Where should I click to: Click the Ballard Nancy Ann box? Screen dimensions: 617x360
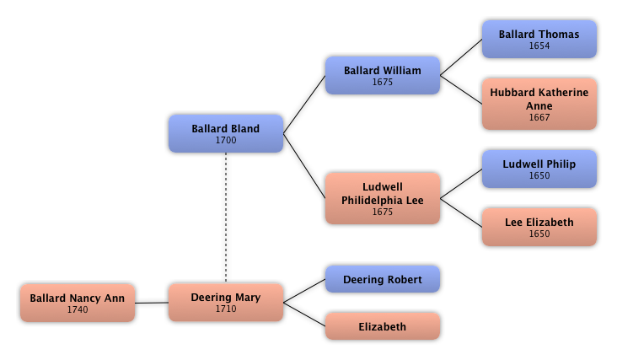pyautogui.click(x=78, y=303)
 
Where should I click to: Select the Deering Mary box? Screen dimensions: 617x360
pyautogui.click(x=226, y=302)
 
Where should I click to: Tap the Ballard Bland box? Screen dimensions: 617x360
pyautogui.click(x=226, y=133)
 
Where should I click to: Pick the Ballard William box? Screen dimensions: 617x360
pyautogui.click(x=383, y=75)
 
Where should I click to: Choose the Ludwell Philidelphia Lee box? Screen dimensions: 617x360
pyautogui.click(x=383, y=198)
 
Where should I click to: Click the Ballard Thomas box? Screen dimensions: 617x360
pyautogui.click(x=539, y=40)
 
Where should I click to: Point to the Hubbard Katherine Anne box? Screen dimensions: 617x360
pyautogui.click(x=539, y=104)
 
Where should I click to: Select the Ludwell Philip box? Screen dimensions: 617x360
pyautogui.click(x=539, y=169)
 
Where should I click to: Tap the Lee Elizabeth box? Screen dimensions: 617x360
pyautogui.click(x=539, y=227)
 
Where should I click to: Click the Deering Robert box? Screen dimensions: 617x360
pyautogui.click(x=383, y=279)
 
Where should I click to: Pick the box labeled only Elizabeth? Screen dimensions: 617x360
pyautogui.click(x=383, y=326)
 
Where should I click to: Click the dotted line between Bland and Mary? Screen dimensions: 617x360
pyautogui.click(x=226, y=218)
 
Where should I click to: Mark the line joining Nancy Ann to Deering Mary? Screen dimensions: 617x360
pyautogui.click(x=152, y=303)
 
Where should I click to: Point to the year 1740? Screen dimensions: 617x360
pyautogui.click(x=78, y=309)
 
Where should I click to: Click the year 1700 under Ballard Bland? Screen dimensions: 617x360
pyautogui.click(x=226, y=140)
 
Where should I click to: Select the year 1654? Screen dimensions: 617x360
pyautogui.click(x=539, y=46)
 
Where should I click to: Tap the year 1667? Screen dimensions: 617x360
pyautogui.click(x=539, y=117)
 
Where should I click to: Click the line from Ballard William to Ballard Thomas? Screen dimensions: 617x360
pyautogui.click(x=461, y=57)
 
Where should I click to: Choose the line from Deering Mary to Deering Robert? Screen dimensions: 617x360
pyautogui.click(x=304, y=291)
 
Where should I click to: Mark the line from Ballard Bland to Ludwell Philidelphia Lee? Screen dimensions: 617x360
pyautogui.click(x=304, y=165)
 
